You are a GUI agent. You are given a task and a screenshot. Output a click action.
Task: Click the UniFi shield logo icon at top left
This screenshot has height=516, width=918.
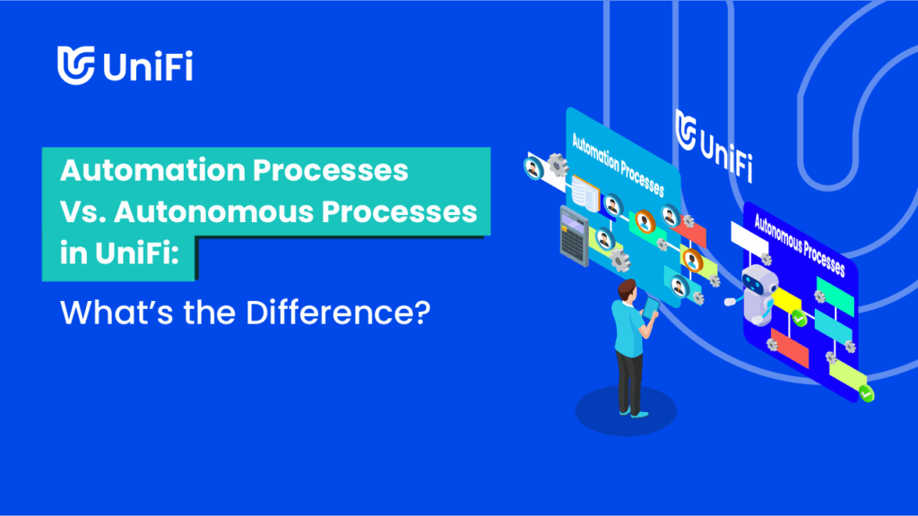[x=75, y=64]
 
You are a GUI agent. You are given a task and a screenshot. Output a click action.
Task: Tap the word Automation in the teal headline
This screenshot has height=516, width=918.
[x=152, y=171]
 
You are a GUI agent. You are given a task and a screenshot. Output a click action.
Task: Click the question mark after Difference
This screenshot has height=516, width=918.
[x=422, y=313]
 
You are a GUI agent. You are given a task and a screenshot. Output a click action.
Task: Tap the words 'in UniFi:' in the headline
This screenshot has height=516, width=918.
[x=119, y=254]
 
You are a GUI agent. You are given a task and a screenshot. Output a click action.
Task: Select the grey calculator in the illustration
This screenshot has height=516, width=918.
[x=575, y=236]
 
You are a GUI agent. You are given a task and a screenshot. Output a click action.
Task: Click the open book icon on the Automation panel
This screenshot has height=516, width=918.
[x=585, y=194]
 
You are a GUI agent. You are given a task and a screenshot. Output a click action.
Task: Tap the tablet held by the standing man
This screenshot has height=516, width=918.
[x=651, y=308]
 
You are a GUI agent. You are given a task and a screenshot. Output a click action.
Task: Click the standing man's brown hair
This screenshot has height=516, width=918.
[x=627, y=287]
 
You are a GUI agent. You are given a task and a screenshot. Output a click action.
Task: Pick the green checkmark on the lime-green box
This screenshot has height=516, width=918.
[x=867, y=394]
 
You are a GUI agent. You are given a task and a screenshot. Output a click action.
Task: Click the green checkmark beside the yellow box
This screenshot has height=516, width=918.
[x=799, y=318]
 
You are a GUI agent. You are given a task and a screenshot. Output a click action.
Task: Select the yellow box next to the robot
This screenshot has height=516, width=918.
[x=787, y=301]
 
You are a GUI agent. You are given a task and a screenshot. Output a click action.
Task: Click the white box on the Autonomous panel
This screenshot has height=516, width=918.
[x=749, y=238]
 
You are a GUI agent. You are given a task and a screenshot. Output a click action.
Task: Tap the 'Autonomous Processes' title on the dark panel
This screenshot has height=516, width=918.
[x=800, y=245]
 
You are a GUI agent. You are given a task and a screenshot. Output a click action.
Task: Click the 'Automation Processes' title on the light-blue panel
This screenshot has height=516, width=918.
[x=618, y=165]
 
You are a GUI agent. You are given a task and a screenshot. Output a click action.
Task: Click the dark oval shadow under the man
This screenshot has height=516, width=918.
[x=626, y=410]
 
